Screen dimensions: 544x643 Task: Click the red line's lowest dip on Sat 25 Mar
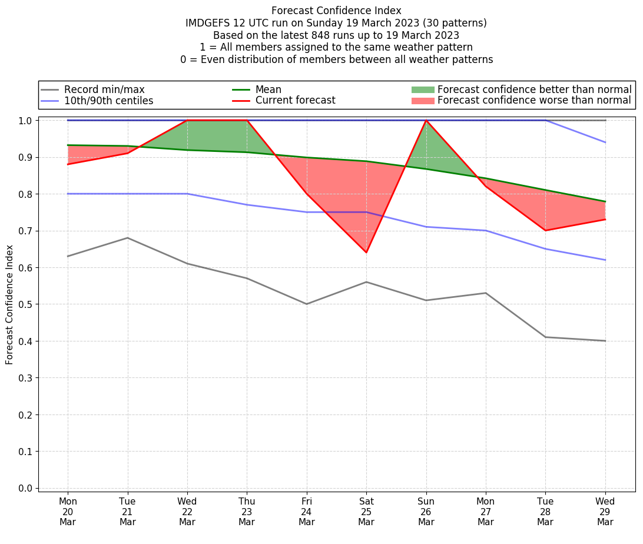click(366, 253)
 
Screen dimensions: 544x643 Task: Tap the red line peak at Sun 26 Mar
click(426, 121)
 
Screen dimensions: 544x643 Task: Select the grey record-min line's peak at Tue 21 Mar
click(128, 238)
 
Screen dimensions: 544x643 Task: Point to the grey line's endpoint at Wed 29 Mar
click(605, 341)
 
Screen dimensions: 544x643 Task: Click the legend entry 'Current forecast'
click(295, 101)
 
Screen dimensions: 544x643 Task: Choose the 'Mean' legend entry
click(268, 89)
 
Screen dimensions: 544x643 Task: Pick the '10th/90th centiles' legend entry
click(108, 101)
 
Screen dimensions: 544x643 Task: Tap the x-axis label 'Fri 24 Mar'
click(307, 512)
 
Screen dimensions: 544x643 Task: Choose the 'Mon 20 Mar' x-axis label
click(68, 512)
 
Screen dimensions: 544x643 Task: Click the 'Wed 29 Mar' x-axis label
click(605, 512)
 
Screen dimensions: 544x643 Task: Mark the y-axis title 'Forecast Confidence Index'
click(9, 304)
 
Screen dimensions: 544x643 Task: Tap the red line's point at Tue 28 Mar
click(545, 230)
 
